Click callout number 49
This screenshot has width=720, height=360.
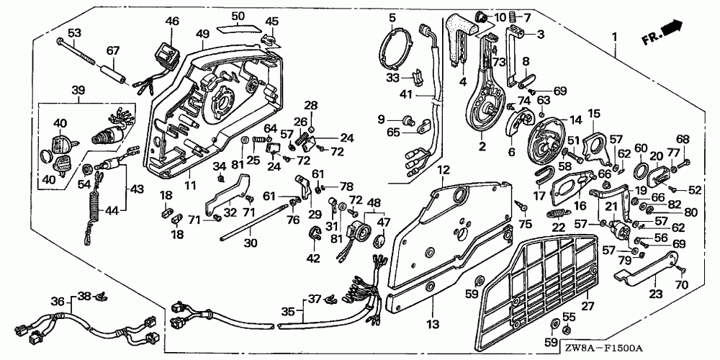(x=202, y=33)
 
